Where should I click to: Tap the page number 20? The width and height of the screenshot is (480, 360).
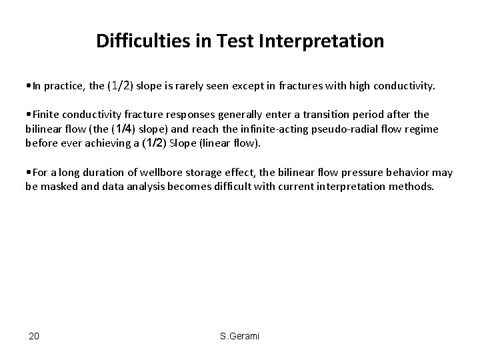pos(34,335)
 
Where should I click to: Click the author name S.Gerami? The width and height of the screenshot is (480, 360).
pos(239,335)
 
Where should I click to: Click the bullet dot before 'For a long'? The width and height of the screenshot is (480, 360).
pos(27,173)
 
